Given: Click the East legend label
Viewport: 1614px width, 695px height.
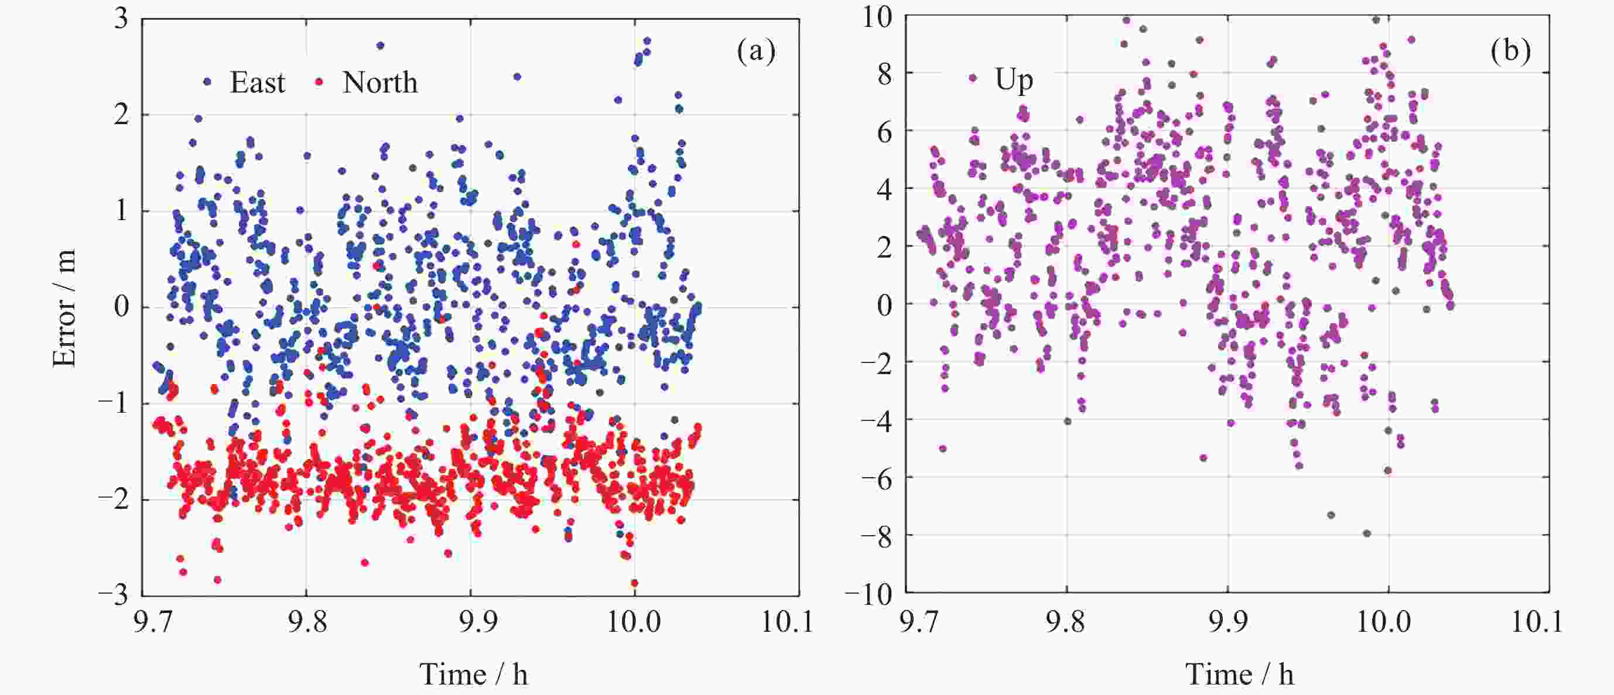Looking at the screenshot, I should pyautogui.click(x=258, y=82).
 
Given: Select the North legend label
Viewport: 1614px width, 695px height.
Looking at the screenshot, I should pyautogui.click(x=379, y=82).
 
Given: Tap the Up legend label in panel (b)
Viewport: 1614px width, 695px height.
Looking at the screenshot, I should pyautogui.click(x=1014, y=80).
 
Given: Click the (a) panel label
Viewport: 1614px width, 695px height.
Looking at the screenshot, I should pyautogui.click(x=756, y=51).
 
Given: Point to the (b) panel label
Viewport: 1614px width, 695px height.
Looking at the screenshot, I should pyautogui.click(x=1510, y=51).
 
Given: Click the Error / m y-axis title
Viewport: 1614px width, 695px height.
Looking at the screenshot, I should pyautogui.click(x=64, y=307).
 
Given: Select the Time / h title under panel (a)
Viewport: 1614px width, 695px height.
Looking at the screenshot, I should pyautogui.click(x=474, y=675).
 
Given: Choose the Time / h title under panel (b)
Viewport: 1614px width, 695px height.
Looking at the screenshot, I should pyautogui.click(x=1239, y=675).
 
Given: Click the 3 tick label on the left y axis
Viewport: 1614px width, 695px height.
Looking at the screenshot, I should pyautogui.click(x=121, y=18).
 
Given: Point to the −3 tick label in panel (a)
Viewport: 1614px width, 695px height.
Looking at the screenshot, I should pyautogui.click(x=114, y=594).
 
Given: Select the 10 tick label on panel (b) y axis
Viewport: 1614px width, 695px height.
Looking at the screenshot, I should pyautogui.click(x=877, y=17).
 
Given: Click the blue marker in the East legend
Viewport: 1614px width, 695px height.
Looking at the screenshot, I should pyautogui.click(x=207, y=81).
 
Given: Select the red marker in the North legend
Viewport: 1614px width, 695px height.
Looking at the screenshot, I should pyautogui.click(x=319, y=81).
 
